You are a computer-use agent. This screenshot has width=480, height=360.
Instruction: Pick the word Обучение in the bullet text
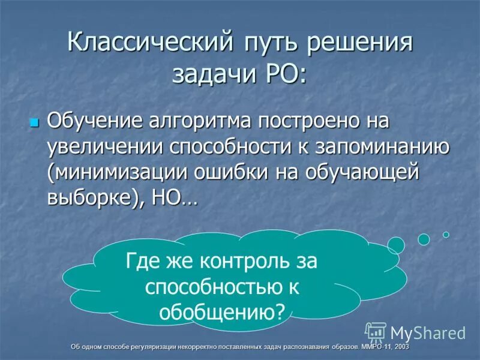click(x=95, y=121)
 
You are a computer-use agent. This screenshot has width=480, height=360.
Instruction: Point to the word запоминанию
click(x=377, y=146)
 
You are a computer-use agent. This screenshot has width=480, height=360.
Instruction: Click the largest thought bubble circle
click(x=396, y=245)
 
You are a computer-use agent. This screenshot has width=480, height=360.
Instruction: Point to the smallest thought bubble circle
click(x=446, y=235)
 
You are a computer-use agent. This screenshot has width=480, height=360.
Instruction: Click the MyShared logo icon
click(x=376, y=332)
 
